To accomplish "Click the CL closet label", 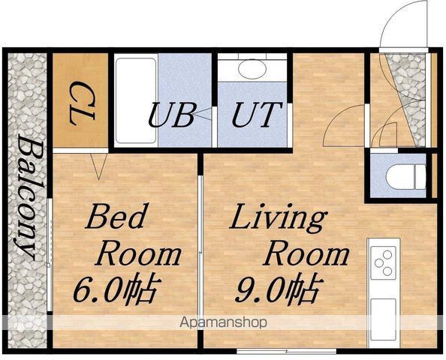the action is (82, 103).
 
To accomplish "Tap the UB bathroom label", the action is (172, 115).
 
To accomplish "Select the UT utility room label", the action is (257, 115).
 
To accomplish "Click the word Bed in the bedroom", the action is (116, 216).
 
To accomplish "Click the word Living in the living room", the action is (277, 217).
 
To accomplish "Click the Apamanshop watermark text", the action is (223, 322).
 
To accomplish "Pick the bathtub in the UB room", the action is (136, 100).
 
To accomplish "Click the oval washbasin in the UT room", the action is (252, 68).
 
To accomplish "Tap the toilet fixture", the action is (406, 177).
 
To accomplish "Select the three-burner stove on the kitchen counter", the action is (383, 262).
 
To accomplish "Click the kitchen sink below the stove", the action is (383, 319).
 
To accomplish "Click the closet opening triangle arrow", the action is (98, 166).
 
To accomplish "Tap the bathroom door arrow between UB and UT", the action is (203, 115).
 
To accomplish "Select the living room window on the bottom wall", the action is (286, 351).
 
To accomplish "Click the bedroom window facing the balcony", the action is (50, 255).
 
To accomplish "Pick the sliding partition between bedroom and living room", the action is (200, 250).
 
